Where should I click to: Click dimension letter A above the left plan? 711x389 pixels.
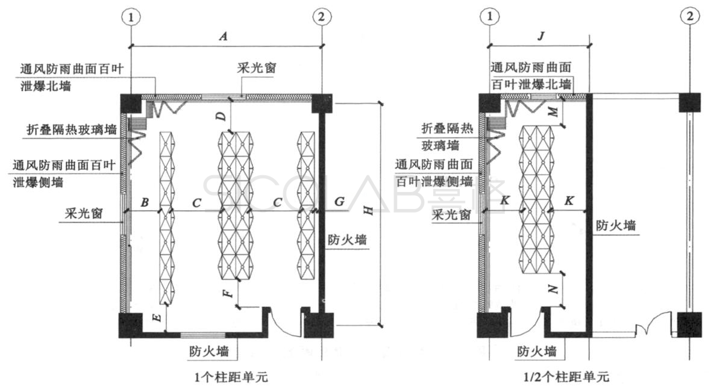pyautogui.click(x=224, y=37)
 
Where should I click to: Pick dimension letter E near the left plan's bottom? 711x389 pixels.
pyautogui.click(x=157, y=319)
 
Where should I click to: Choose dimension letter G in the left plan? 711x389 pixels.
pyautogui.click(x=340, y=202)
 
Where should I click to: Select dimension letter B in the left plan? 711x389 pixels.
pyautogui.click(x=145, y=203)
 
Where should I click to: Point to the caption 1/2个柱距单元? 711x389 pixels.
pyautogui.click(x=566, y=378)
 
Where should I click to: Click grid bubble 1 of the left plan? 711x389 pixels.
pyautogui.click(x=131, y=17)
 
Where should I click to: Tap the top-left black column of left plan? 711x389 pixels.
pyautogui.click(x=131, y=104)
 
